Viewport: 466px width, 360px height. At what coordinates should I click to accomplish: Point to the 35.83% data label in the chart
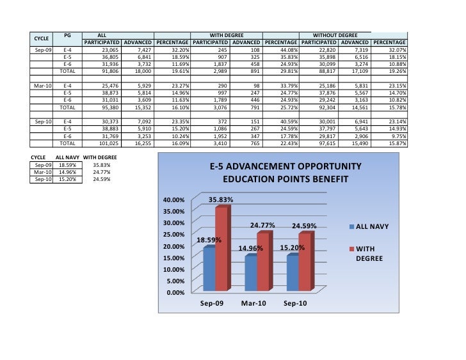click(221, 200)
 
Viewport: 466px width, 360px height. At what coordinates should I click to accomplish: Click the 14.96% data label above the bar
click(252, 248)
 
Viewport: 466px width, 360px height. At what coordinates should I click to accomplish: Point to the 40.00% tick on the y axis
click(174, 200)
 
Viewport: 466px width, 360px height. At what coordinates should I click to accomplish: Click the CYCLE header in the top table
click(42, 38)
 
